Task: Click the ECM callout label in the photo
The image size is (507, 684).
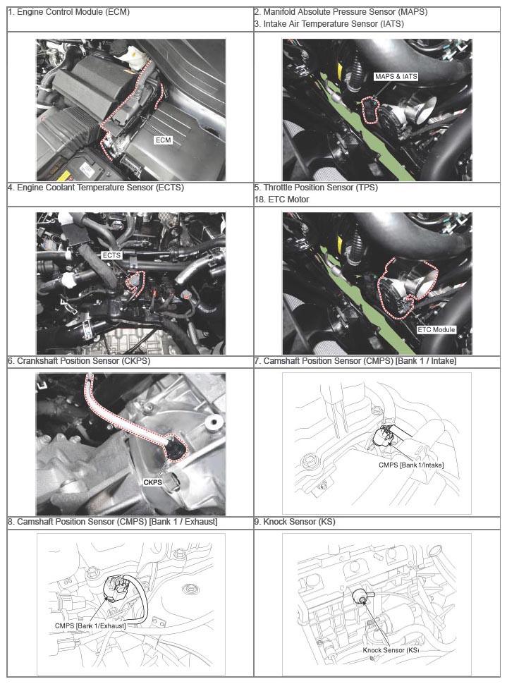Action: (x=163, y=140)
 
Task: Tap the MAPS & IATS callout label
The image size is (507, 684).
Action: (x=396, y=76)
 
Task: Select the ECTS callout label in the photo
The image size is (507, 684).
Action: (x=111, y=255)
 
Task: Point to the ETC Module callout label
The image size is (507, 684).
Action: (x=436, y=330)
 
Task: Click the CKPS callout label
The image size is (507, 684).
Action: (x=153, y=482)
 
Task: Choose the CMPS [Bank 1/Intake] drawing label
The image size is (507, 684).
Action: (x=411, y=465)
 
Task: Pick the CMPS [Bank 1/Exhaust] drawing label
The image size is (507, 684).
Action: (x=90, y=625)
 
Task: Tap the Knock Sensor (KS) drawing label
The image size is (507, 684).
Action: (x=391, y=650)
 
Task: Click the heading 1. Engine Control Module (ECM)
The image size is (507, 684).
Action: (x=68, y=12)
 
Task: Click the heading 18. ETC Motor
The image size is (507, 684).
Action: (x=281, y=200)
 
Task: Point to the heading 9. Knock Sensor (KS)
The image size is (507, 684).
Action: (x=295, y=522)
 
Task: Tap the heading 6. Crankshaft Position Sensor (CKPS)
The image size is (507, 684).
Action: (x=79, y=361)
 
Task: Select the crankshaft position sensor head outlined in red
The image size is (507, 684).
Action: (x=177, y=449)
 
